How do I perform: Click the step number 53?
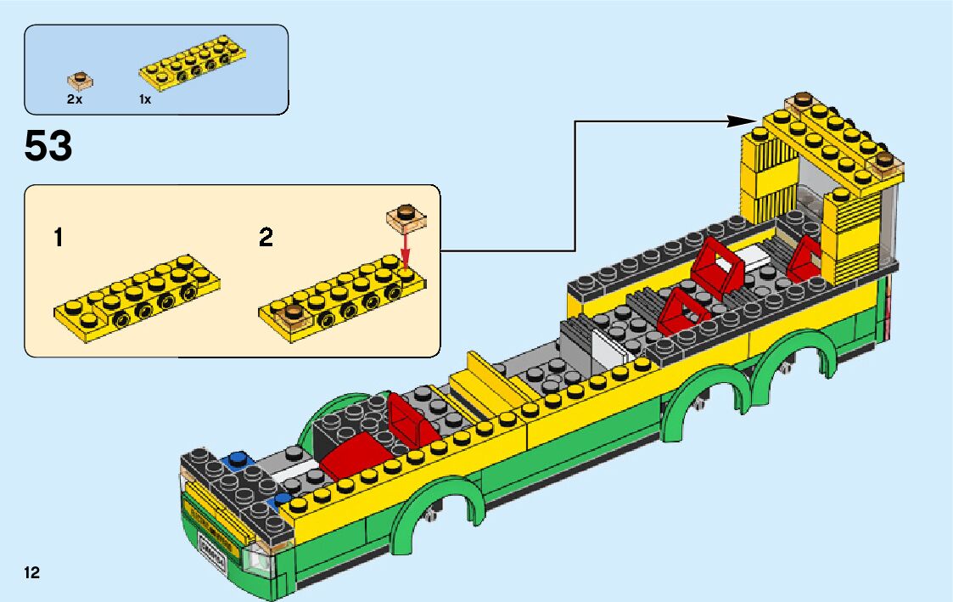(48, 147)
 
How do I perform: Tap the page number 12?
(32, 572)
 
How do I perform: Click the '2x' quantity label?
(75, 99)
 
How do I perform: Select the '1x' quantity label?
(145, 99)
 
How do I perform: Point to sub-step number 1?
(58, 238)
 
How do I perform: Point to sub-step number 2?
(266, 238)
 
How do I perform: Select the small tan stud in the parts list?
(80, 81)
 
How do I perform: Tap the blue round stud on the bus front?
(238, 461)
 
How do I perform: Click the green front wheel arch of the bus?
(437, 509)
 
